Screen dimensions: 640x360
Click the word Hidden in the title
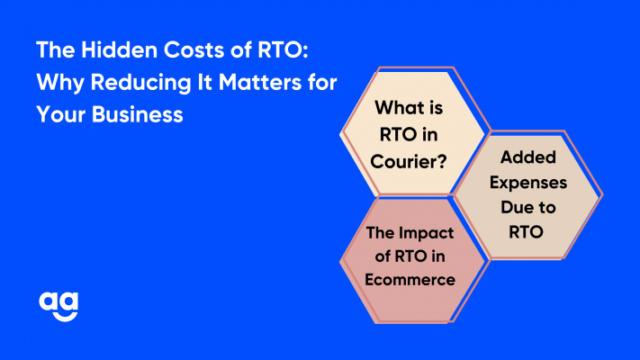[x=119, y=49]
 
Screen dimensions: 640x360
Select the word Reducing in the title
[x=140, y=83]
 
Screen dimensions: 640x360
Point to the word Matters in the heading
[x=259, y=82]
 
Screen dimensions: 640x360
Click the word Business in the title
[x=137, y=114]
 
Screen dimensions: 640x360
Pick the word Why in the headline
[x=60, y=83]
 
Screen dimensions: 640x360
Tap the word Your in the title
[x=61, y=114]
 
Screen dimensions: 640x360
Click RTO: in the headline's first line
[x=283, y=49]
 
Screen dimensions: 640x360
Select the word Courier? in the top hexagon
[x=409, y=162]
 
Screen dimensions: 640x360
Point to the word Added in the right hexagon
[x=528, y=157]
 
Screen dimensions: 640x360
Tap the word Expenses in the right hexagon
[x=528, y=183]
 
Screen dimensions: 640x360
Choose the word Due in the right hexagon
[x=513, y=207]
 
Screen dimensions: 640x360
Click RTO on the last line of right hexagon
[x=526, y=232]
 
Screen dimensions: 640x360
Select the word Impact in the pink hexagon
[x=426, y=233]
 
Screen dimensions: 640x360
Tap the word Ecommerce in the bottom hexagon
[x=410, y=280]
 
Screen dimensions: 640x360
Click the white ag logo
[x=59, y=307]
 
